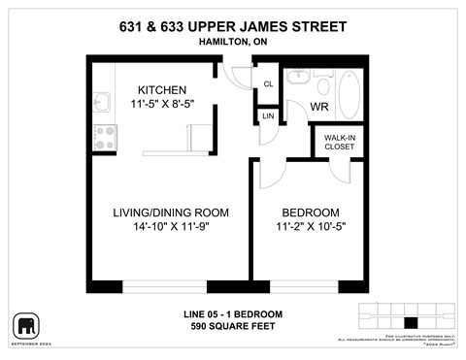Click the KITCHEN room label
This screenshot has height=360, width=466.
(161, 89)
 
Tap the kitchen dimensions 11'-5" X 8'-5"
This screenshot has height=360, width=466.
(161, 104)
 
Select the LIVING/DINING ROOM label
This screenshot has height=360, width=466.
(170, 213)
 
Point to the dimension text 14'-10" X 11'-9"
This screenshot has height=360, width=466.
(170, 228)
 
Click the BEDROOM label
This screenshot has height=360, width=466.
(310, 213)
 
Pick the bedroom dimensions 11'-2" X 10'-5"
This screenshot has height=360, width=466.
(310, 228)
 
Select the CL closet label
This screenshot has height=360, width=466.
(268, 84)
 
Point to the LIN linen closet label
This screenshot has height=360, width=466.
(268, 117)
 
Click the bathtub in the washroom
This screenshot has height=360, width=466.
(350, 94)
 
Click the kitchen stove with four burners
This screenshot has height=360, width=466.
(104, 137)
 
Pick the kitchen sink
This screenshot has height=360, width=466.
(103, 102)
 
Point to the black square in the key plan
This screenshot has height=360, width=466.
(410, 322)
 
